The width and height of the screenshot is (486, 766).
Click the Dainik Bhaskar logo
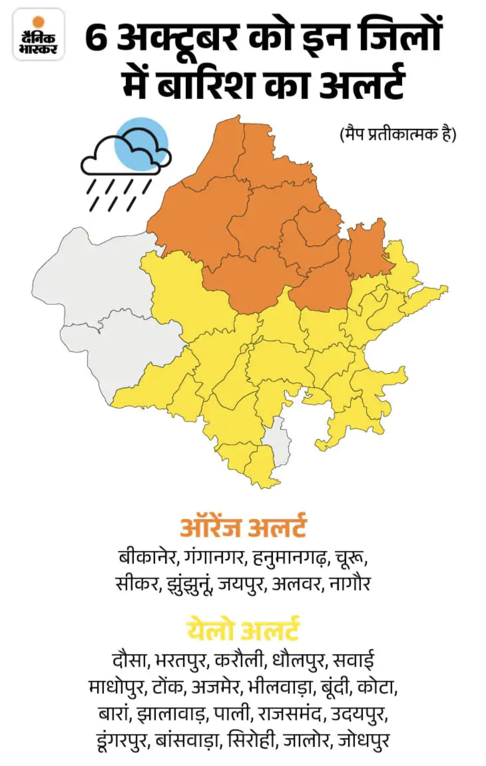(39, 35)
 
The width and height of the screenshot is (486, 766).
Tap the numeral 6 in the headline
(96, 39)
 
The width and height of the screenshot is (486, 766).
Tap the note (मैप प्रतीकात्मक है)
(398, 134)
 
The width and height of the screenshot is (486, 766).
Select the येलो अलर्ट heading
(243, 629)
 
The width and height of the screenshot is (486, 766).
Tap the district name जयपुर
(241, 584)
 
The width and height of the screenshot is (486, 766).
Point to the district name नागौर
(350, 584)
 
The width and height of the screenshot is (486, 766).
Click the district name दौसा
(130, 660)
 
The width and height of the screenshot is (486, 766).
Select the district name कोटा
(377, 687)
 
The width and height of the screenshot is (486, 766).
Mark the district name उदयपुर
(359, 714)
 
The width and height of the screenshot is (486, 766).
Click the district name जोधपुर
(364, 740)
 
